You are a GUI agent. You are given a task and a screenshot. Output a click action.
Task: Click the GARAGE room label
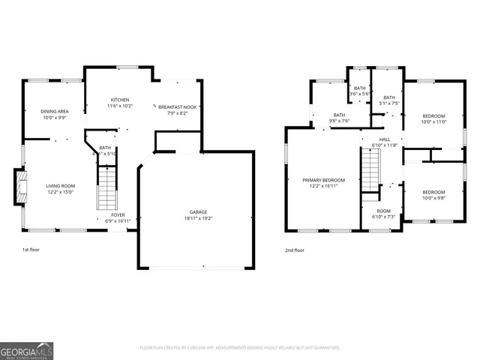[198, 211]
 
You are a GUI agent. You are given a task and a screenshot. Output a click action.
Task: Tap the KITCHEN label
[121, 100]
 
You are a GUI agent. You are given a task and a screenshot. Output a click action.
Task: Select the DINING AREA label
[55, 111]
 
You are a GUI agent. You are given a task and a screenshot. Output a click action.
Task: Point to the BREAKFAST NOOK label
[177, 107]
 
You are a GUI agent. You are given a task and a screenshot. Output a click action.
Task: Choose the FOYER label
[119, 215]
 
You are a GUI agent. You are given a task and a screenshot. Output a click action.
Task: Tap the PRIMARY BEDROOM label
[323, 180]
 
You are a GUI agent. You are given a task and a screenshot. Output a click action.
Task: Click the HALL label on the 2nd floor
[385, 139]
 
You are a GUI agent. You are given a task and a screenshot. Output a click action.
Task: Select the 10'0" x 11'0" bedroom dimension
[433, 121]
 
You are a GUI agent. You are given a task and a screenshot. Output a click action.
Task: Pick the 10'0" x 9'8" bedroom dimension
[433, 198]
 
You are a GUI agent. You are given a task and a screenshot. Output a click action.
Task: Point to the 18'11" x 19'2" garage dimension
[198, 218]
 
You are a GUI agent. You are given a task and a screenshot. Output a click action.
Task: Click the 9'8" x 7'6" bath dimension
[339, 121]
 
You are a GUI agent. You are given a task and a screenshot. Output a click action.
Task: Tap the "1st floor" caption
[31, 250]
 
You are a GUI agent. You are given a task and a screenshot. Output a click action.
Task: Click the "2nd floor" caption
[294, 250]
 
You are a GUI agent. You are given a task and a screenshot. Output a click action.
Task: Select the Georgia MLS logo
[27, 350]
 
